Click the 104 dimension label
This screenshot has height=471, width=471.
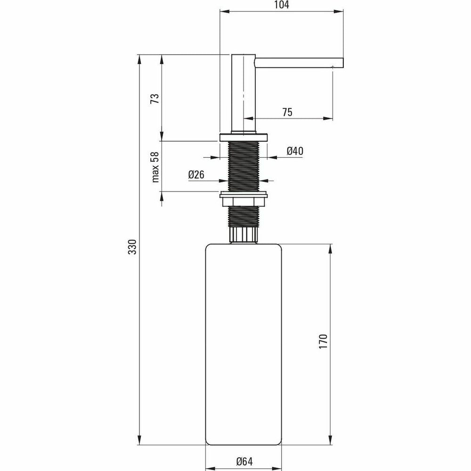coord(282,5)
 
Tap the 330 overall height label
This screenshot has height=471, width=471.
coord(132,247)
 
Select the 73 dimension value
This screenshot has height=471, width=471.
coord(154,98)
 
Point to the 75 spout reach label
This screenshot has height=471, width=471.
coord(287,112)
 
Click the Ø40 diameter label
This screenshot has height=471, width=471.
coord(295,151)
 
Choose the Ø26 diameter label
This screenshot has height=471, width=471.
coord(196,174)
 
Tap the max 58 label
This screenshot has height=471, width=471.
coord(155,167)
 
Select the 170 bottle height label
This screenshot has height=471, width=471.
coord(323,341)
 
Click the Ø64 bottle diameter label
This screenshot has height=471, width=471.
coord(244,462)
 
